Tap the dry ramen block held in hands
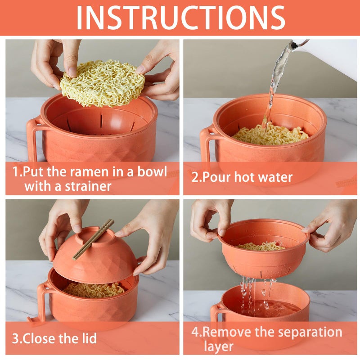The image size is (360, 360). (103, 83)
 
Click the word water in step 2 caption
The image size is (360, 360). (274, 177)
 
